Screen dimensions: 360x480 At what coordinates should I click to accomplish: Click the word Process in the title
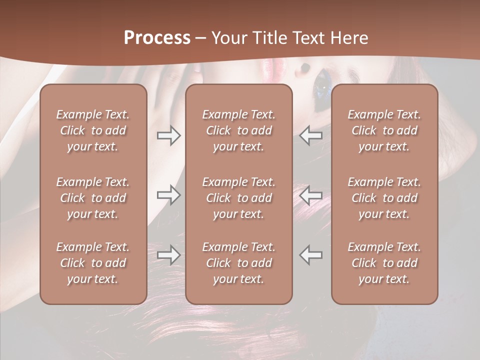point(157,38)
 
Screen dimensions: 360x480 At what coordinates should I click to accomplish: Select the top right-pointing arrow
point(168,135)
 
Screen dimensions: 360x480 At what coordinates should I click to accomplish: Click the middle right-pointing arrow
point(168,194)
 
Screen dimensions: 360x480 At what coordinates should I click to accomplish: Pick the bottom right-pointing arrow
point(168,255)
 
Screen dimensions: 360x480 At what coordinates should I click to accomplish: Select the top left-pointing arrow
point(311,135)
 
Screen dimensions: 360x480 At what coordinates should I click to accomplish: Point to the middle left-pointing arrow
point(311,194)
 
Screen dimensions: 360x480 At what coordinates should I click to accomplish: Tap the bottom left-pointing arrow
point(311,255)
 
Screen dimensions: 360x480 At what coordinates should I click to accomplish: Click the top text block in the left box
point(93,130)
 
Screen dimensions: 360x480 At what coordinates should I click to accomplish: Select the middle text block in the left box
point(93,198)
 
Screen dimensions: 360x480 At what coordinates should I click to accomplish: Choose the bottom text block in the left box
point(93,263)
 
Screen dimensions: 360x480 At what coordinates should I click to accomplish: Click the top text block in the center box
point(238,130)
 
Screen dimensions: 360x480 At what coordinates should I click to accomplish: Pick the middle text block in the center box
point(238,198)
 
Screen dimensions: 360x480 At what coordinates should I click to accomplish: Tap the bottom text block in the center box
point(238,263)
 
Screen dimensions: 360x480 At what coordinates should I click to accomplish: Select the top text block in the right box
point(384,130)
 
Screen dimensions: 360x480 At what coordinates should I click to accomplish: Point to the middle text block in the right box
point(384,198)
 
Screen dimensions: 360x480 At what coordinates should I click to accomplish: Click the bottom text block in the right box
point(384,263)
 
